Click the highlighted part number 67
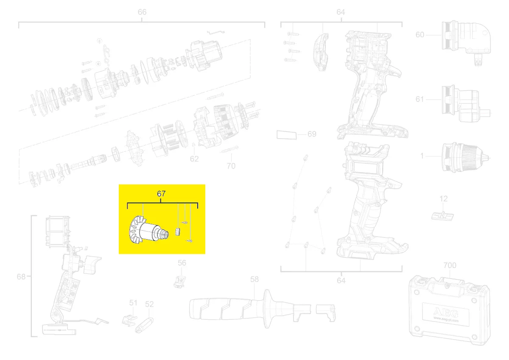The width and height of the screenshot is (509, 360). [161, 194]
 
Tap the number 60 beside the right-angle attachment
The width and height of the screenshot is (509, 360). [420, 35]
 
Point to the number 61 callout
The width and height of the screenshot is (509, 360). [420, 100]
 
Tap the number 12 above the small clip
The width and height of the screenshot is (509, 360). [443, 198]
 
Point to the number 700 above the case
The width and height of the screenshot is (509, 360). [450, 265]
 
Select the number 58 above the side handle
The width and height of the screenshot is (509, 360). [254, 279]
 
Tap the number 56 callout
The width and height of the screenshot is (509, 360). [182, 263]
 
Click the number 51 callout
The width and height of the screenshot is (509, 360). [133, 303]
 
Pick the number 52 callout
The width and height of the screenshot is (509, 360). [149, 304]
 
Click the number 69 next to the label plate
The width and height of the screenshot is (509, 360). [312, 134]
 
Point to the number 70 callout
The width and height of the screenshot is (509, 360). [231, 166]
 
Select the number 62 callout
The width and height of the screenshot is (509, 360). [194, 159]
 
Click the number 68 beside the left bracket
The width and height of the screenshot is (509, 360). [21, 277]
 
